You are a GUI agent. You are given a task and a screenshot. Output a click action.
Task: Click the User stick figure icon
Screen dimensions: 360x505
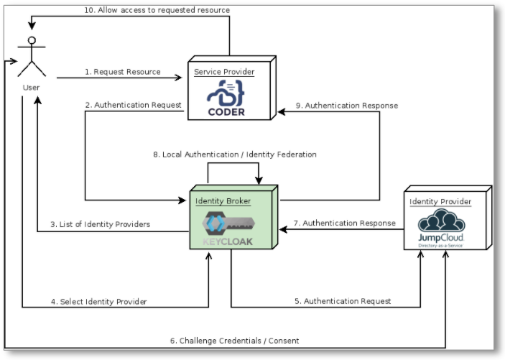point(30,58)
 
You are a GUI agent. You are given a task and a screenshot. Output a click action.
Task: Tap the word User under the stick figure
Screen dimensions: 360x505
point(30,88)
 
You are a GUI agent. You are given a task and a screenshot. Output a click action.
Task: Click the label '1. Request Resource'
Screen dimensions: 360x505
point(123,72)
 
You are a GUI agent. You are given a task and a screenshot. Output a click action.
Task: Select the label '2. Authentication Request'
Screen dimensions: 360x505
point(133,105)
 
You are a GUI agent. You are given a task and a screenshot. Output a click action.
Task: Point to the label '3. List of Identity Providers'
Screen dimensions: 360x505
point(100,224)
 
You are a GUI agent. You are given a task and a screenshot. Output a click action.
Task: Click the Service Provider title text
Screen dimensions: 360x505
point(224,72)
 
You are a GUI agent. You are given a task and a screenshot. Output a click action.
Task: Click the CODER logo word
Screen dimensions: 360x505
point(226,111)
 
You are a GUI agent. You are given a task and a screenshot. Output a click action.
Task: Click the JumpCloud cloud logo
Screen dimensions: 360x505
point(441,221)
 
